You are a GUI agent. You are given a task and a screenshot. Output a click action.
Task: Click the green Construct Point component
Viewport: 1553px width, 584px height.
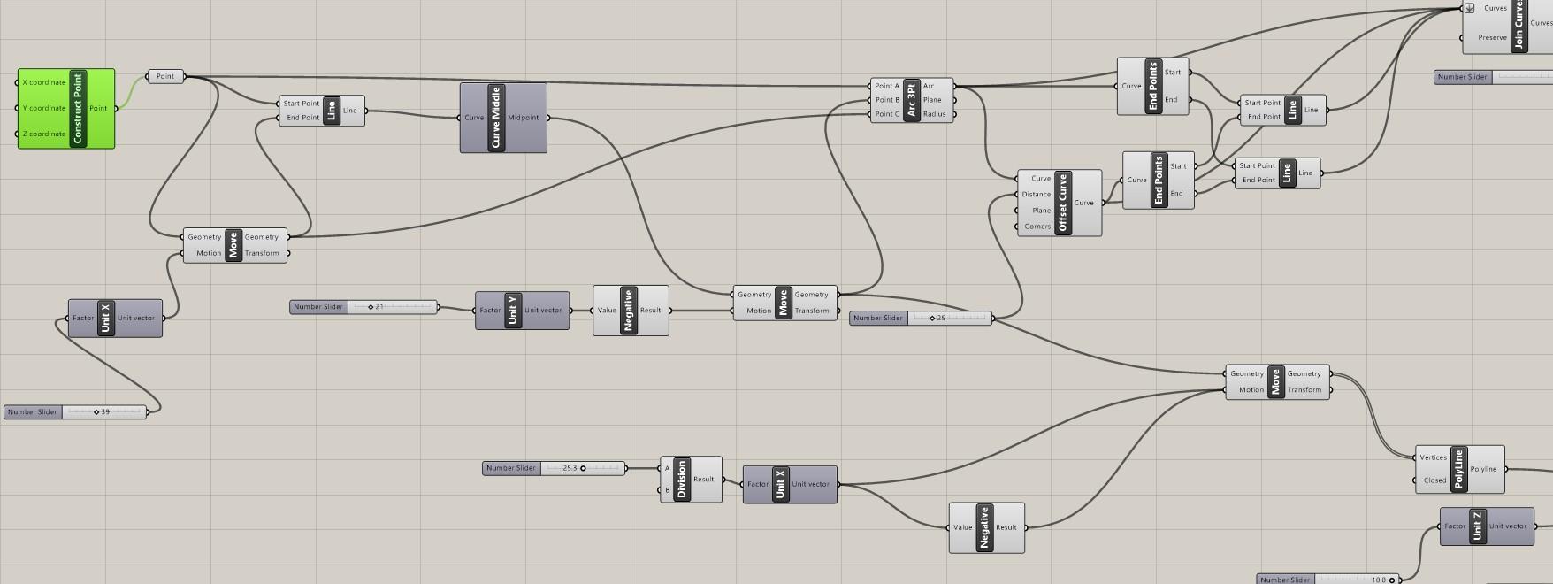click(x=77, y=109)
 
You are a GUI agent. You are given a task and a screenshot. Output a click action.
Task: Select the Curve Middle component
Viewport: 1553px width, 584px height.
click(x=496, y=118)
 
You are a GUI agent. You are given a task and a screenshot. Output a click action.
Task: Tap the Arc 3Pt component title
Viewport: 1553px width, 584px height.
click(x=911, y=100)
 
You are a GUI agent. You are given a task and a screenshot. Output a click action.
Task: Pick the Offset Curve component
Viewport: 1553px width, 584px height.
click(x=1063, y=204)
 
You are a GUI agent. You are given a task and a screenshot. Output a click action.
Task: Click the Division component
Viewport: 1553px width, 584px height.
click(x=681, y=480)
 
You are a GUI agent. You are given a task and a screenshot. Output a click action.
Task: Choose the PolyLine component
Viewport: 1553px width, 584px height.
click(x=1458, y=470)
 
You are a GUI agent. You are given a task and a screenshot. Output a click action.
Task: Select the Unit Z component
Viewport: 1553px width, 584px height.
click(x=1477, y=526)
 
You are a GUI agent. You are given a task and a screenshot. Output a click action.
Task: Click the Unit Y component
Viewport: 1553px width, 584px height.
click(x=513, y=311)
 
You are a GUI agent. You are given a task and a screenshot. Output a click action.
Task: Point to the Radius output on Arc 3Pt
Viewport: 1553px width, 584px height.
click(x=934, y=114)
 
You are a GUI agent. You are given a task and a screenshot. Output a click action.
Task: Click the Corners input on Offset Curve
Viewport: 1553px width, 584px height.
click(x=1037, y=227)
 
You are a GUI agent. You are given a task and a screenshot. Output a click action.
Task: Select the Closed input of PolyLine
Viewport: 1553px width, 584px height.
click(x=1434, y=480)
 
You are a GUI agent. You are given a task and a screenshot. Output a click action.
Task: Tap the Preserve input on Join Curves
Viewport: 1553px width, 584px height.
click(x=1492, y=37)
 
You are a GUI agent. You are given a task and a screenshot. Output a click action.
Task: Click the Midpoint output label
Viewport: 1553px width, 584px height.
click(x=524, y=118)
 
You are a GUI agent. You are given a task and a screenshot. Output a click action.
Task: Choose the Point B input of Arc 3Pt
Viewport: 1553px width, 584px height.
click(x=886, y=100)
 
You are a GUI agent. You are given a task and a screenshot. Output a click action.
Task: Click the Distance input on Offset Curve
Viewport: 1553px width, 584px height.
click(x=1036, y=195)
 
